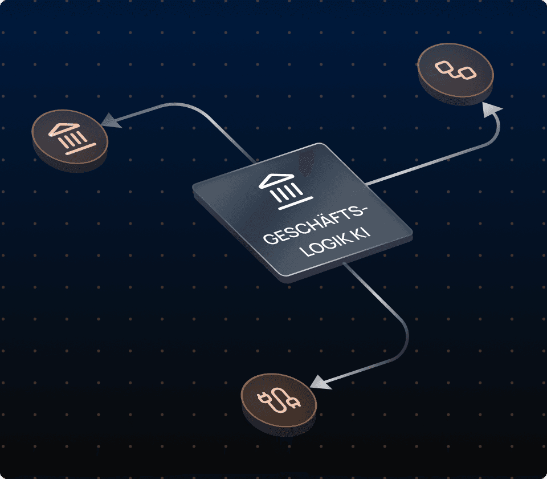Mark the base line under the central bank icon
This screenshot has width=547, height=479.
click(x=296, y=202)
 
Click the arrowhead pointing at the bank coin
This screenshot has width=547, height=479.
click(x=109, y=120)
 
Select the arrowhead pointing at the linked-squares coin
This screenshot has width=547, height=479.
click(x=491, y=111)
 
